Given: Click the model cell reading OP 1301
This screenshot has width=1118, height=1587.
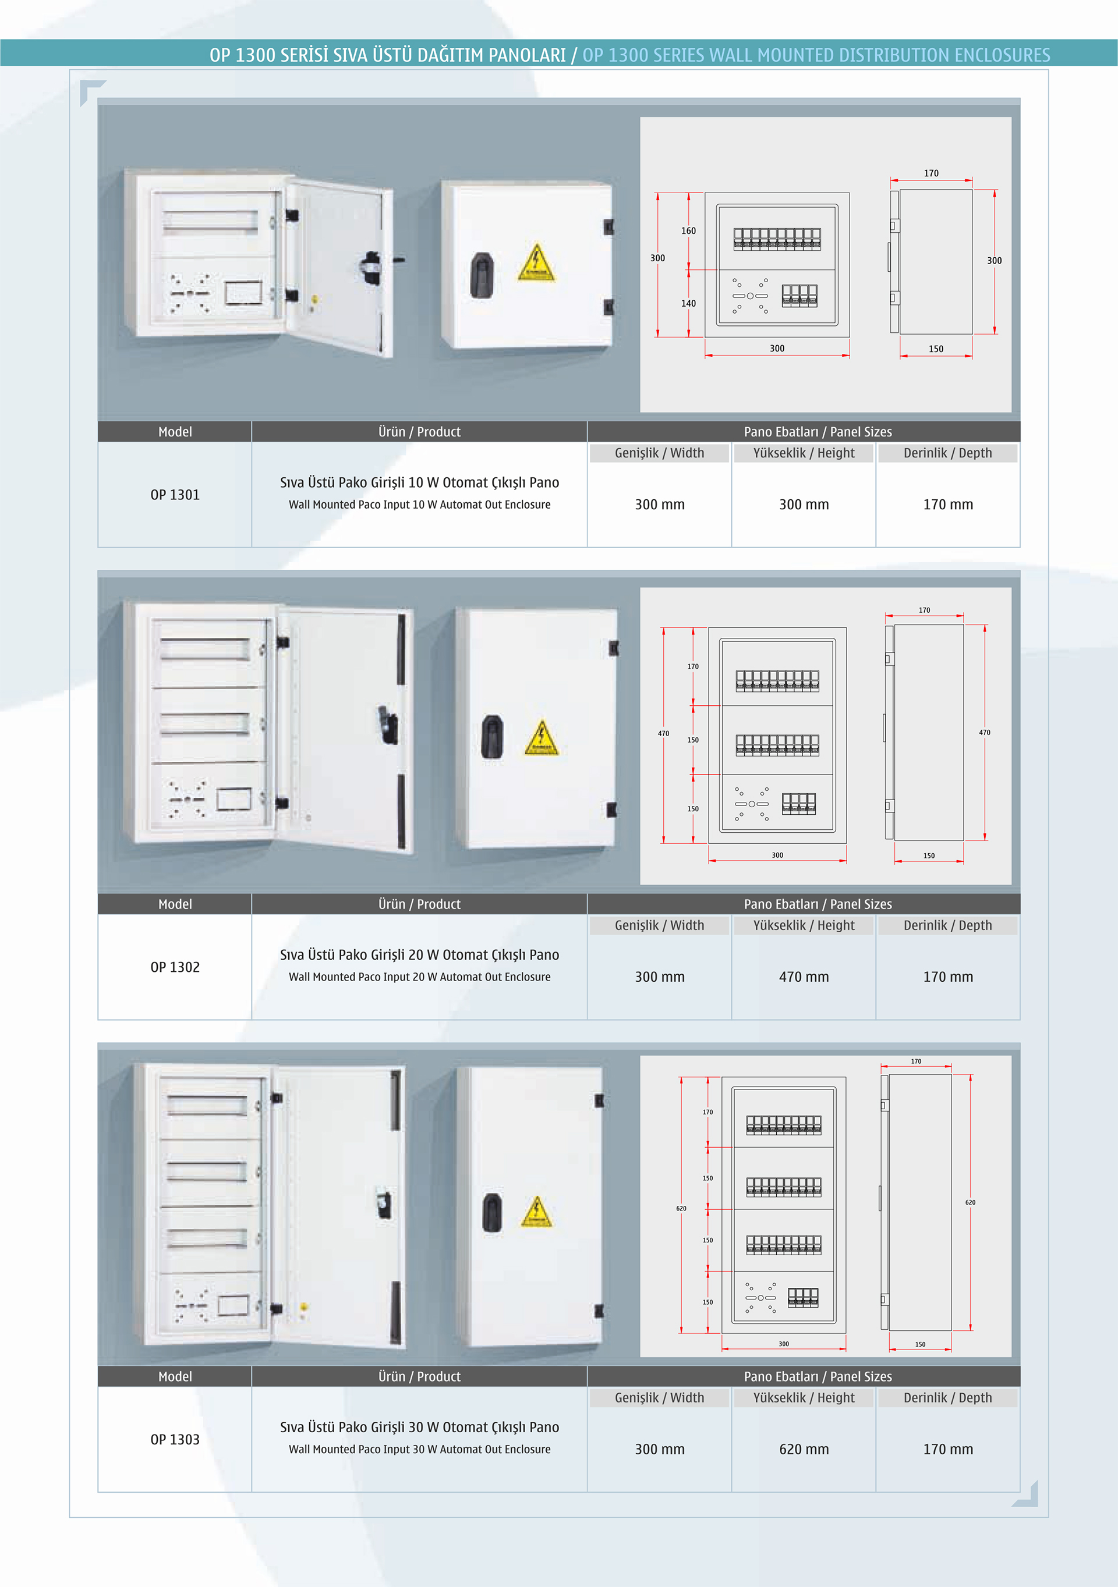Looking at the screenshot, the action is pos(175,495).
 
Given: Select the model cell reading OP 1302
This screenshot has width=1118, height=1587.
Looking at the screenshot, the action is pos(175,967).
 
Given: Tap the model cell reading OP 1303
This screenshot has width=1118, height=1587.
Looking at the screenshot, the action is pos(175,1439).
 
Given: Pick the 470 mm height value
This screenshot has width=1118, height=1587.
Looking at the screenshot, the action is pos(804,977).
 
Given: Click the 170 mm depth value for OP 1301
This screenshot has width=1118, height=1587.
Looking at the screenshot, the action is pos(948,505).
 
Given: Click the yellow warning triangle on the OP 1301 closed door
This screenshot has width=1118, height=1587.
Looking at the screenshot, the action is pos(536,262).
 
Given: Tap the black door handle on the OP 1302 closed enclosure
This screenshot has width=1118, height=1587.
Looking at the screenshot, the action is pos(492,737).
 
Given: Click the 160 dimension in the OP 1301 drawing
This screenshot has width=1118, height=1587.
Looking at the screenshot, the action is pos(689,231).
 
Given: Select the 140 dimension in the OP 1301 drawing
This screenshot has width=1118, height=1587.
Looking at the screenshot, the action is pos(689,303).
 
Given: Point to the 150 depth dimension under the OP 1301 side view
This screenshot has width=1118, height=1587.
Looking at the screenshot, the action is pos(936,349).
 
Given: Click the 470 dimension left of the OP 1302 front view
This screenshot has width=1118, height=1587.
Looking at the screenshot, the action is pos(663,733).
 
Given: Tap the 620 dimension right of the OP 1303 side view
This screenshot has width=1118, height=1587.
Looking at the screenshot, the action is pos(970,1203).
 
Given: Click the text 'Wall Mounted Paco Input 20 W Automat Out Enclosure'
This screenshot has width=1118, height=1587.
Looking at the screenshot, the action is pos(420,977).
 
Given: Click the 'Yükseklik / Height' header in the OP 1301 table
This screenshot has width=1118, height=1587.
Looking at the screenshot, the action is pos(804,453).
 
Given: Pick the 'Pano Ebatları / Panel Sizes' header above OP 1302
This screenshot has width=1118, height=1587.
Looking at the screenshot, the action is pos(818,904).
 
